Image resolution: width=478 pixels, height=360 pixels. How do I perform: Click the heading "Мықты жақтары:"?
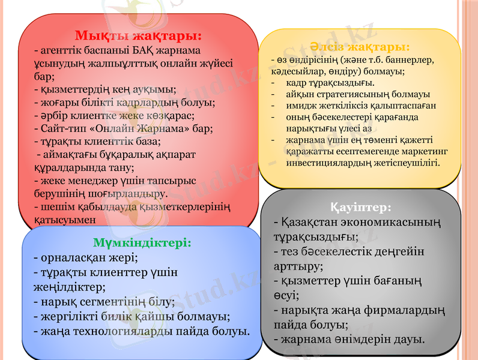138,34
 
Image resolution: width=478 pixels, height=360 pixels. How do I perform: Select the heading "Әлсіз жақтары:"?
360,46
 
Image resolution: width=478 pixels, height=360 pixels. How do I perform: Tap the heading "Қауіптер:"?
362,207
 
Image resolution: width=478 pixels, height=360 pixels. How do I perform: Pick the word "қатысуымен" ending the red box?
65,220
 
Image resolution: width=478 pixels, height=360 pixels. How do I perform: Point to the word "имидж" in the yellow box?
300,105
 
